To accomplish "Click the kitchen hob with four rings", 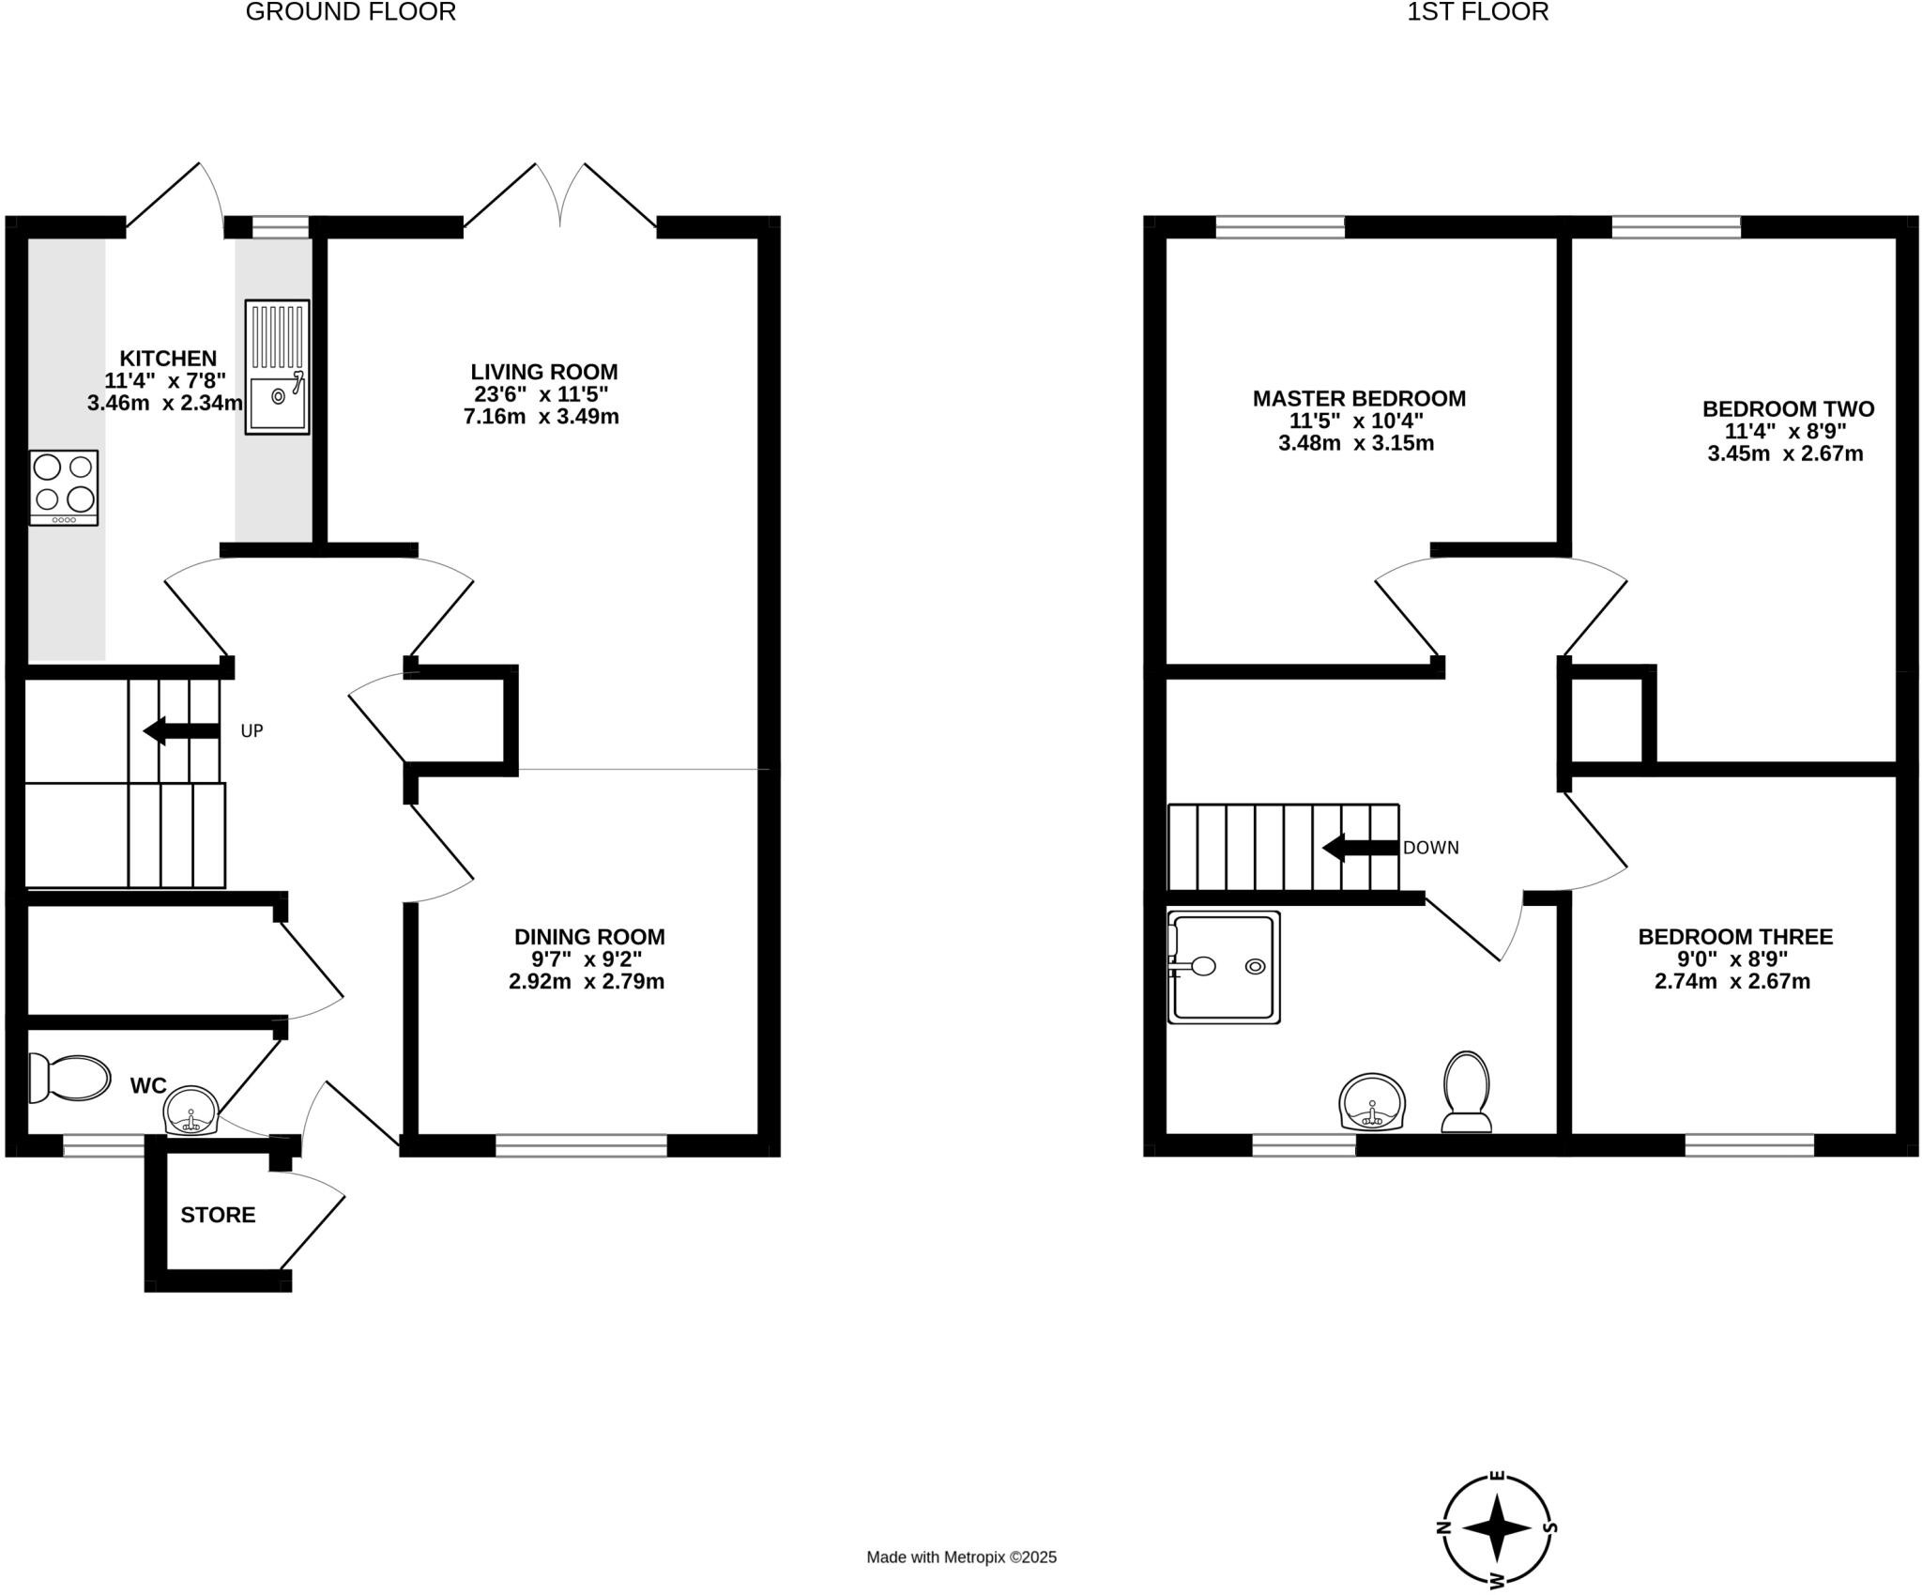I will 64,487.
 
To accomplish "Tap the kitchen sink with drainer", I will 277,367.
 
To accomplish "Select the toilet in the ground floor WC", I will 69,1077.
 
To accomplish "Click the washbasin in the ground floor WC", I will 191,1111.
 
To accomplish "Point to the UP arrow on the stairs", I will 181,730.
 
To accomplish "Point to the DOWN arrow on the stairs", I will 1360,848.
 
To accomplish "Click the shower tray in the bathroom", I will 1224,966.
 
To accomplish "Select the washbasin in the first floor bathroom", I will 1373,1102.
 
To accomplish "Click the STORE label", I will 218,1215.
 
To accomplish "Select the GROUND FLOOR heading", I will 350,12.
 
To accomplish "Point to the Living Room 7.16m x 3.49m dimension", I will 541,417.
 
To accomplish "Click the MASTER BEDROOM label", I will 1358,398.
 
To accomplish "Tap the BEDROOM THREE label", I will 1734,936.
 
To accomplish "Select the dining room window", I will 581,1145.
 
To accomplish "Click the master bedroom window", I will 1279,226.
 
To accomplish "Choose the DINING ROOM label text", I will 589,936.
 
